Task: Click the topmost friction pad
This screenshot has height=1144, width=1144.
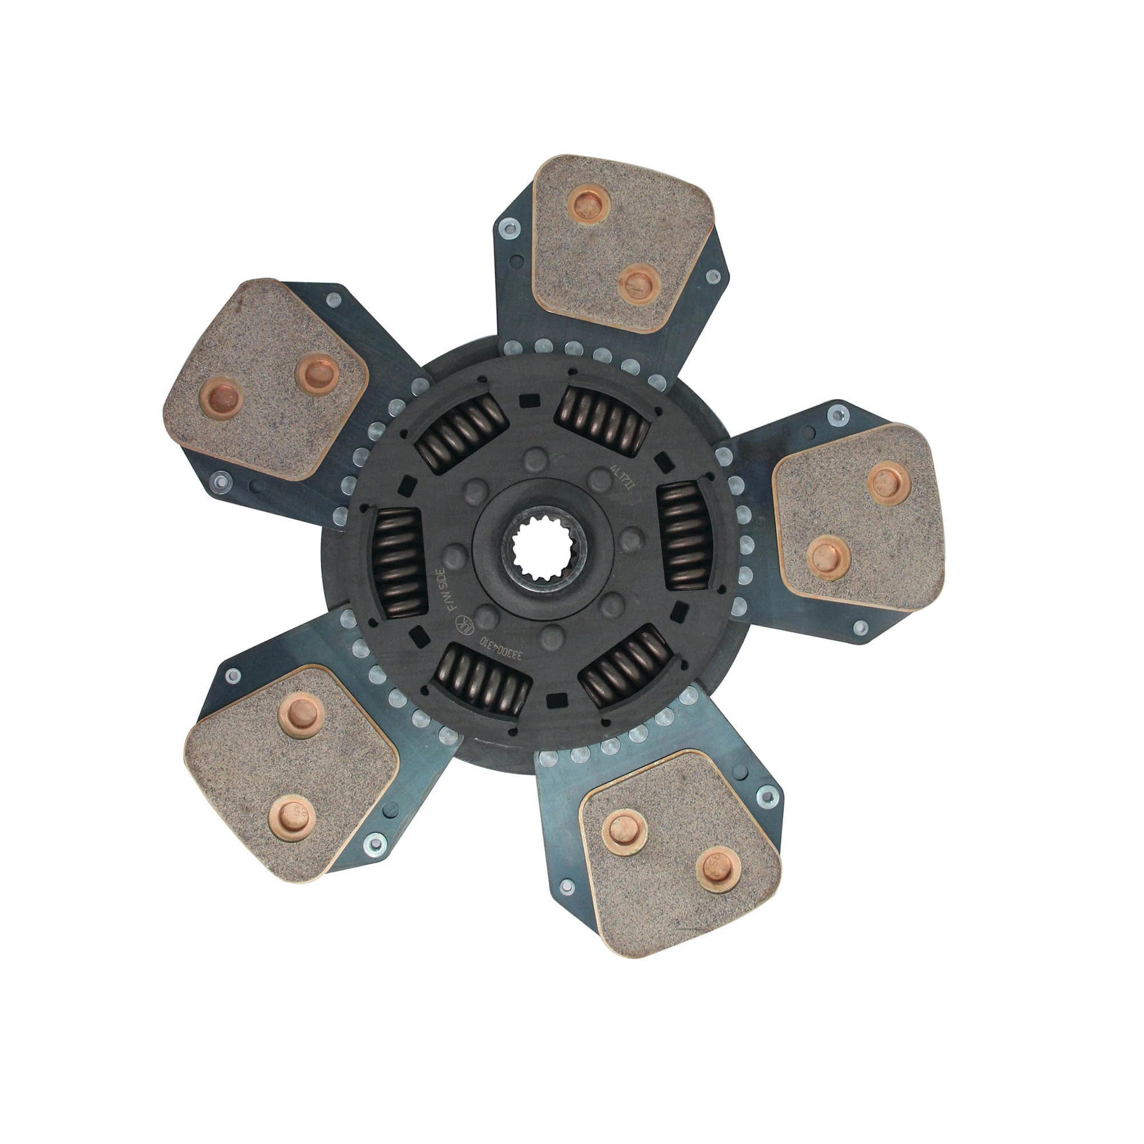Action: (619, 243)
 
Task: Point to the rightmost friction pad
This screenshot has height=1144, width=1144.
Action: (858, 518)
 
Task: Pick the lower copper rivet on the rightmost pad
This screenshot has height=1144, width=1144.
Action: (828, 557)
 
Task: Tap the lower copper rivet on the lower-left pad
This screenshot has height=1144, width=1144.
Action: (291, 820)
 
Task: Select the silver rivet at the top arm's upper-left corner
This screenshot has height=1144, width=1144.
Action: (509, 228)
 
